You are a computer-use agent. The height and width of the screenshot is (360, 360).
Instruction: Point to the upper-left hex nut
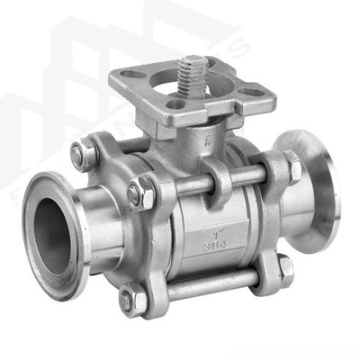point(84,156)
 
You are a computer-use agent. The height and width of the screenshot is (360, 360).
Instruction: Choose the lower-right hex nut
point(284,265)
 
